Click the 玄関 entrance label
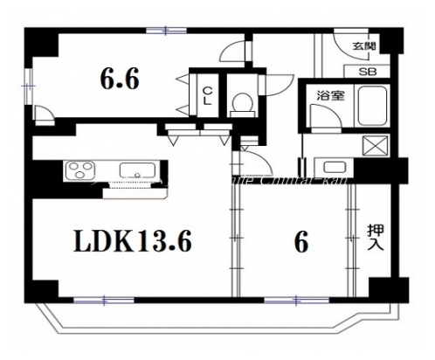364,47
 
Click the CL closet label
211,94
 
